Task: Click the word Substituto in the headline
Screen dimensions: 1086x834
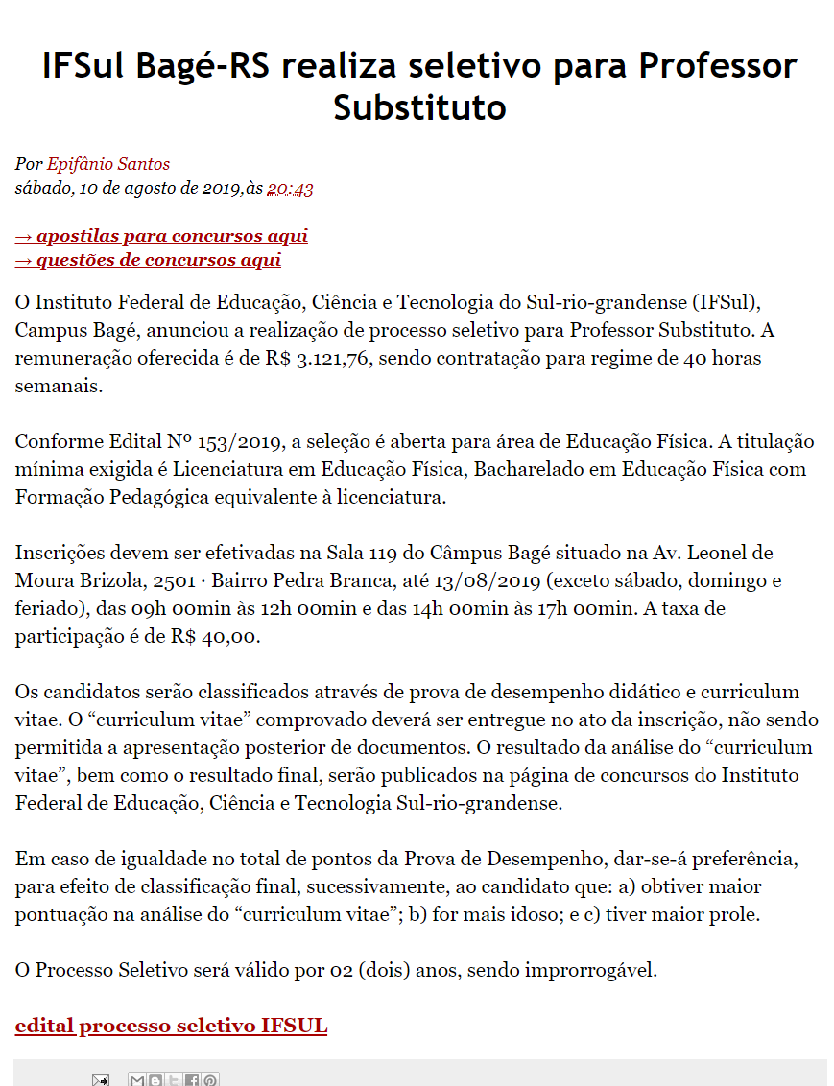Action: tap(419, 106)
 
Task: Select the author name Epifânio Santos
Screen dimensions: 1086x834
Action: tap(108, 164)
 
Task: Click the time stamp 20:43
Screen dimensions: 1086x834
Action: tap(290, 189)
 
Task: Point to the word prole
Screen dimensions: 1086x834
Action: tap(736, 913)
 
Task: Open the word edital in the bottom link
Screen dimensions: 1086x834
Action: tap(44, 1026)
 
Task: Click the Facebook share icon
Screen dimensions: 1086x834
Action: tap(192, 1080)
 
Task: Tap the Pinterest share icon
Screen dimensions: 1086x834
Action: tap(210, 1080)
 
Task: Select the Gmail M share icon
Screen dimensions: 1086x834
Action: tap(137, 1080)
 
